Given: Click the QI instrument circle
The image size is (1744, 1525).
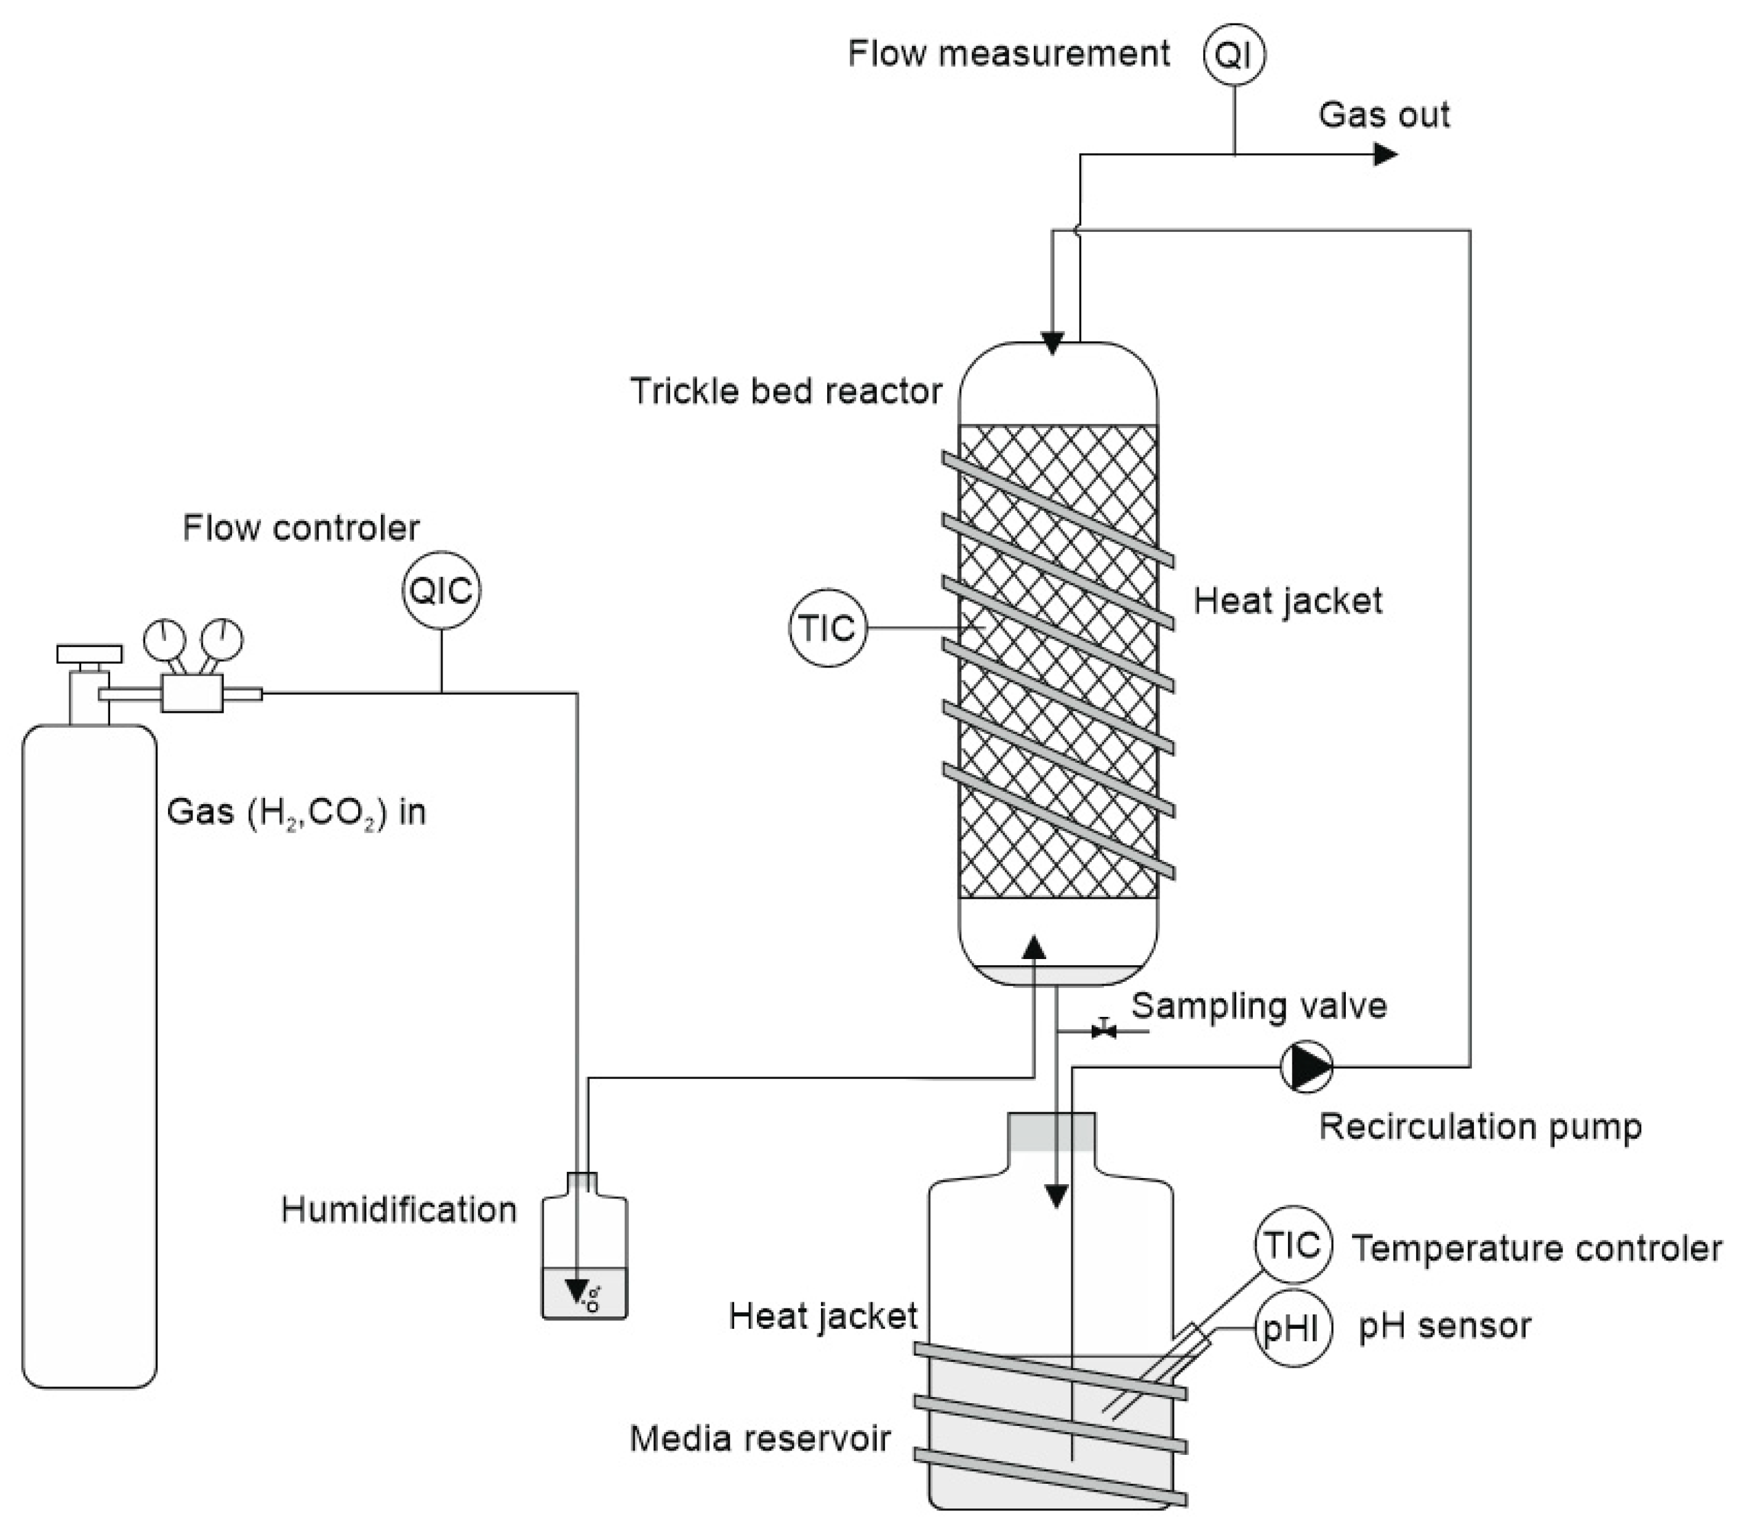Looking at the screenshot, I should click(1233, 55).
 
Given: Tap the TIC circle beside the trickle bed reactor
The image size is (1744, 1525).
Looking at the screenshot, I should click(827, 628).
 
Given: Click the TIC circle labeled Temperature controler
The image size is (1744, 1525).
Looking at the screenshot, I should click(1293, 1245).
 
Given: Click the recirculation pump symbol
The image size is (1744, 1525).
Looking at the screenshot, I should click(1306, 1065).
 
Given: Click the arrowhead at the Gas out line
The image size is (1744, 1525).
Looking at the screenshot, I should click(1385, 154).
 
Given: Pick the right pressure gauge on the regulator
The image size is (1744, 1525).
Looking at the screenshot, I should click(222, 637).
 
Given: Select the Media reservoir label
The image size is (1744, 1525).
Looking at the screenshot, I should click(759, 1438).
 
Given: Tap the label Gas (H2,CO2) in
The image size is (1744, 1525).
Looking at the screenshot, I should click(296, 812).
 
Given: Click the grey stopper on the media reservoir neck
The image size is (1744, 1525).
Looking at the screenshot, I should click(1051, 1132).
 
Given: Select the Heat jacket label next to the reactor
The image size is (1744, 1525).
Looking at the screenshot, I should click(1287, 601).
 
